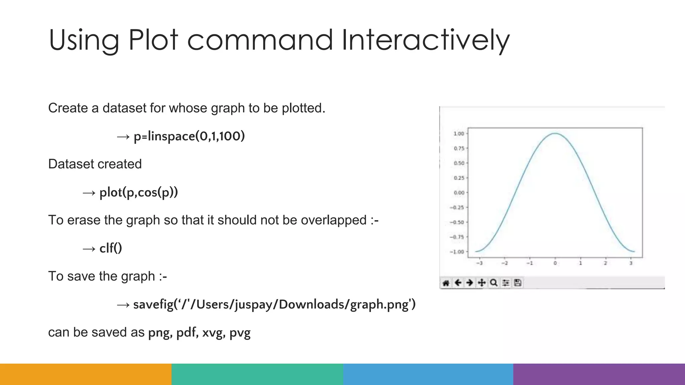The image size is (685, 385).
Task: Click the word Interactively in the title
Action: (425, 40)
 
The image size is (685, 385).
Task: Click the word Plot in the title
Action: (153, 40)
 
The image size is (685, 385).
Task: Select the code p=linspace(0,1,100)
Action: (189, 136)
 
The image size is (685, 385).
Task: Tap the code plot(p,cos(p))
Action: (138, 192)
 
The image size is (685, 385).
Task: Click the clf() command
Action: (111, 248)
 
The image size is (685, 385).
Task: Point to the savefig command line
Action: (274, 304)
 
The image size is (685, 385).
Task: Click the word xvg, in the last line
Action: (212, 333)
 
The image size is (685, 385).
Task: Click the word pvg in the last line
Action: (240, 333)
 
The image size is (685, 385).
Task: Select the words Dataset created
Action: (95, 164)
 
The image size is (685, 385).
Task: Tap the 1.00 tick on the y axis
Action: (459, 134)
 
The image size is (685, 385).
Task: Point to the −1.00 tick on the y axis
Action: (457, 252)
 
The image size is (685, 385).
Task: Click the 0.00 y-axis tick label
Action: (459, 193)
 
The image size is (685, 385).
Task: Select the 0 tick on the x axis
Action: (555, 263)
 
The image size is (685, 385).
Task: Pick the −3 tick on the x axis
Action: (479, 263)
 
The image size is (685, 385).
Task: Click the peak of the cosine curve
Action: (555, 134)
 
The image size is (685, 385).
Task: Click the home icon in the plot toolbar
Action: (446, 283)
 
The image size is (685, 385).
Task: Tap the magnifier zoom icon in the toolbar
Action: (494, 283)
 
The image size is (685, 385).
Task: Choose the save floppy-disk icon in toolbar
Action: (518, 283)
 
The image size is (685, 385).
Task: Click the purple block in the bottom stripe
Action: (599, 374)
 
